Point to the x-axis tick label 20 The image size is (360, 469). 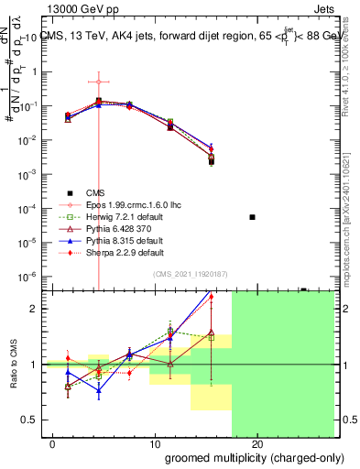coord(257,443)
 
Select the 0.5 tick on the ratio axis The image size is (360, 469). coord(30,420)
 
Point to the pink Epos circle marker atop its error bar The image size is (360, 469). coord(98,82)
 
